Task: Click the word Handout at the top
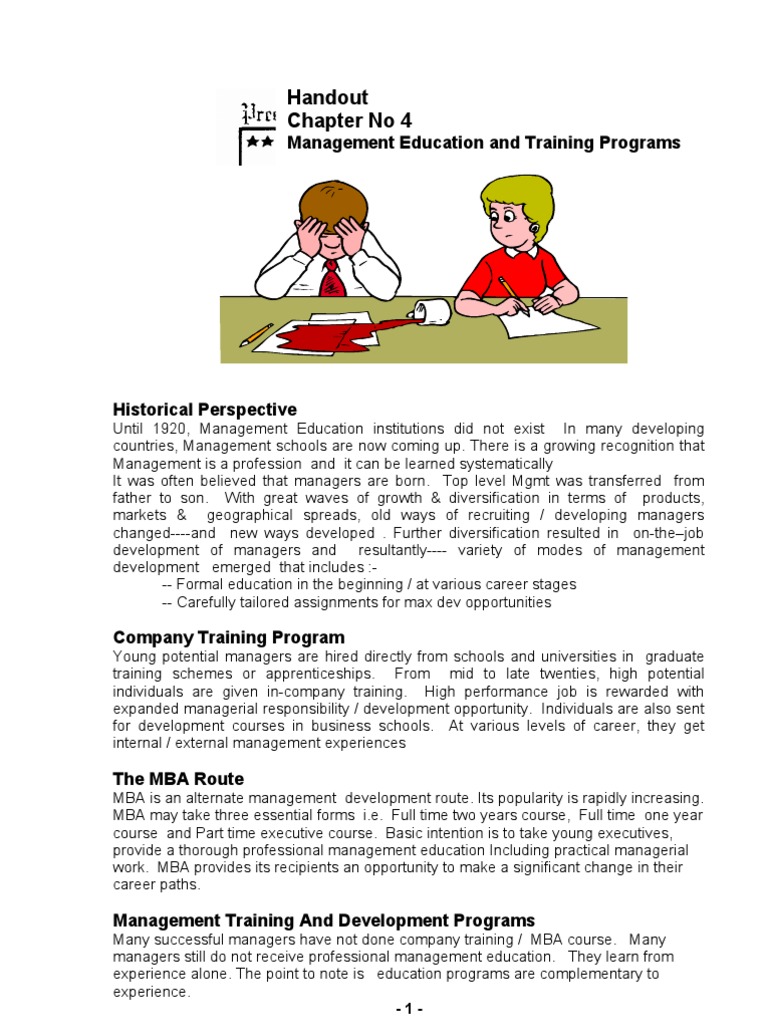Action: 327,98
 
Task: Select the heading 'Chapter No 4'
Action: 349,121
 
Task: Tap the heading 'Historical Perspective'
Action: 205,409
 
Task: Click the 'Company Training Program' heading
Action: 229,637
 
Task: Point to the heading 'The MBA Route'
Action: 178,778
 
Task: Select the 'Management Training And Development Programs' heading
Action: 324,920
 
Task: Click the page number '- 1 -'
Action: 409,1009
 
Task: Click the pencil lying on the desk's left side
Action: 257,333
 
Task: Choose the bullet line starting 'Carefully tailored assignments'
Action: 356,602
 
